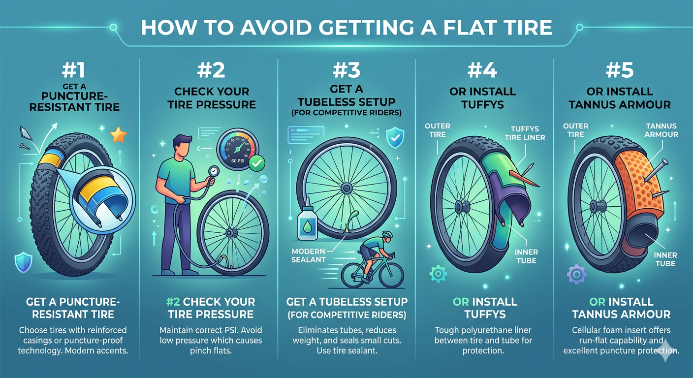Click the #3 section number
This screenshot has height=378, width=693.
click(x=346, y=70)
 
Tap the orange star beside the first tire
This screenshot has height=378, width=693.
click(x=119, y=135)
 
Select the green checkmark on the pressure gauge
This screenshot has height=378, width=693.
click(x=257, y=163)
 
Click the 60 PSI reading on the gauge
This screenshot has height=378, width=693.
click(x=238, y=160)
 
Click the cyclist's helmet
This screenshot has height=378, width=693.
click(x=387, y=234)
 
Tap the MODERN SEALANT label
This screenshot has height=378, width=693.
click(x=309, y=255)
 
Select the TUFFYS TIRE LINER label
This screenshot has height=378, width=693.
click(x=525, y=133)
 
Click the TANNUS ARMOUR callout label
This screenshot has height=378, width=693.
click(x=661, y=130)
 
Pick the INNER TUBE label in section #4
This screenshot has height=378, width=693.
click(x=526, y=256)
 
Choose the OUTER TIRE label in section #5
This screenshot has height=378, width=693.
click(x=576, y=130)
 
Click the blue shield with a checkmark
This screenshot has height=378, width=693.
click(x=395, y=137)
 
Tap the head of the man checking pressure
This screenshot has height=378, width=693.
click(x=181, y=146)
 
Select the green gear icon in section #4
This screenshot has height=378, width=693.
click(x=438, y=274)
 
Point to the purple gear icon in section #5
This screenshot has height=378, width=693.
click(x=576, y=274)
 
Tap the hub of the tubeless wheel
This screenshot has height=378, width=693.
click(x=346, y=188)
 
